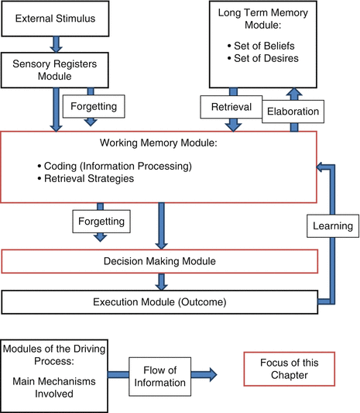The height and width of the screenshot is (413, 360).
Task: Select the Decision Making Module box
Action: click(x=160, y=262)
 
